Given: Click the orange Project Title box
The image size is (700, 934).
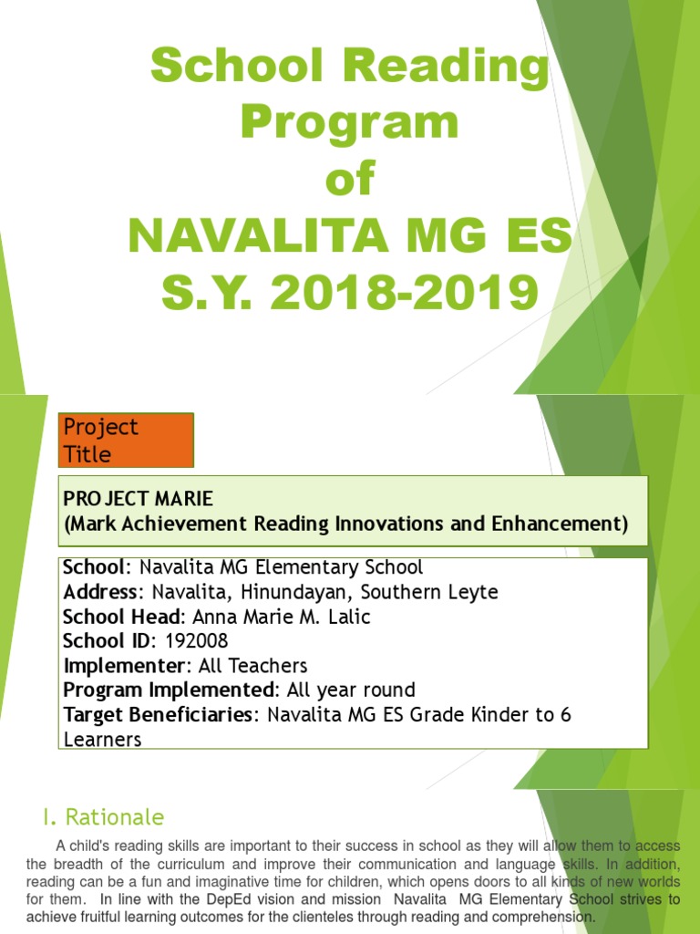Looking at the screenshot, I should coord(126,440).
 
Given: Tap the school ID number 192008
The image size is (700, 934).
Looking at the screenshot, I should coord(196,641).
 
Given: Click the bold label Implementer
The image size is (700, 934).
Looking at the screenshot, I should coord(124,666).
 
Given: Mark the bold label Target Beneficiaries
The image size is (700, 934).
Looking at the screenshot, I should coord(159,715).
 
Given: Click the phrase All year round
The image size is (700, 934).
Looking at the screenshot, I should coord(351,690).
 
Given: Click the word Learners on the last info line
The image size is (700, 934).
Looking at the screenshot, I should coord(102,739).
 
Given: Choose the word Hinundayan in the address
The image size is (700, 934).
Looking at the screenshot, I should coord(283,592).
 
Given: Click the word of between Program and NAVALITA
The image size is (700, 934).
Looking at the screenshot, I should coord(350,179).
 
